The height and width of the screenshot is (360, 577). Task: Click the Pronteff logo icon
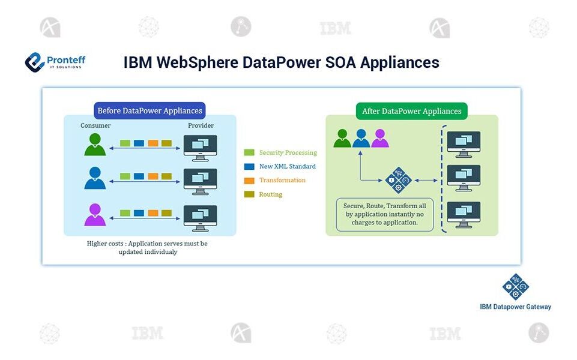tap(35, 62)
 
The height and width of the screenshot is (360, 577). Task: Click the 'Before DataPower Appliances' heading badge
tap(150, 111)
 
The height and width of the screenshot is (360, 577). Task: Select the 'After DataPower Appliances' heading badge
tap(412, 111)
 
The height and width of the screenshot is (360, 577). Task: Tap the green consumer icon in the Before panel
tap(95, 145)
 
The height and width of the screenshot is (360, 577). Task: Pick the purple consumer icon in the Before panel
tap(95, 215)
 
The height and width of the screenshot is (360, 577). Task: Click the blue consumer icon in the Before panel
tap(95, 178)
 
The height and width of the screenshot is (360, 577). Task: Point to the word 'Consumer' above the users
tap(96, 125)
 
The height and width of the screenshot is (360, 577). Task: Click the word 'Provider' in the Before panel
tap(200, 125)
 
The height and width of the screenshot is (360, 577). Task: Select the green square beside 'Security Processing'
tap(250, 153)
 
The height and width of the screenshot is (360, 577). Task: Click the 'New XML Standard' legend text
tap(287, 166)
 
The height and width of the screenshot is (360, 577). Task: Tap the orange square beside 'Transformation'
tap(250, 181)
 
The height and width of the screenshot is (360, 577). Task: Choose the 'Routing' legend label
tap(271, 194)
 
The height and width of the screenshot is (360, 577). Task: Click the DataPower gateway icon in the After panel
tap(397, 179)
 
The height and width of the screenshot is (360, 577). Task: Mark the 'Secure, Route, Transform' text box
tap(385, 214)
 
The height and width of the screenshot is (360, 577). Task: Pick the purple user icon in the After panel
tap(380, 139)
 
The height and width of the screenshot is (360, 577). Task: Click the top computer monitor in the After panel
tap(464, 144)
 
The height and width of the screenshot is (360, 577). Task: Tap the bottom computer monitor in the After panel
tap(464, 214)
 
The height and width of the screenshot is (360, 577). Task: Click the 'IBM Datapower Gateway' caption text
tap(515, 307)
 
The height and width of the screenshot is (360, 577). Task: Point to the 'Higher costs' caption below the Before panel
tap(147, 248)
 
